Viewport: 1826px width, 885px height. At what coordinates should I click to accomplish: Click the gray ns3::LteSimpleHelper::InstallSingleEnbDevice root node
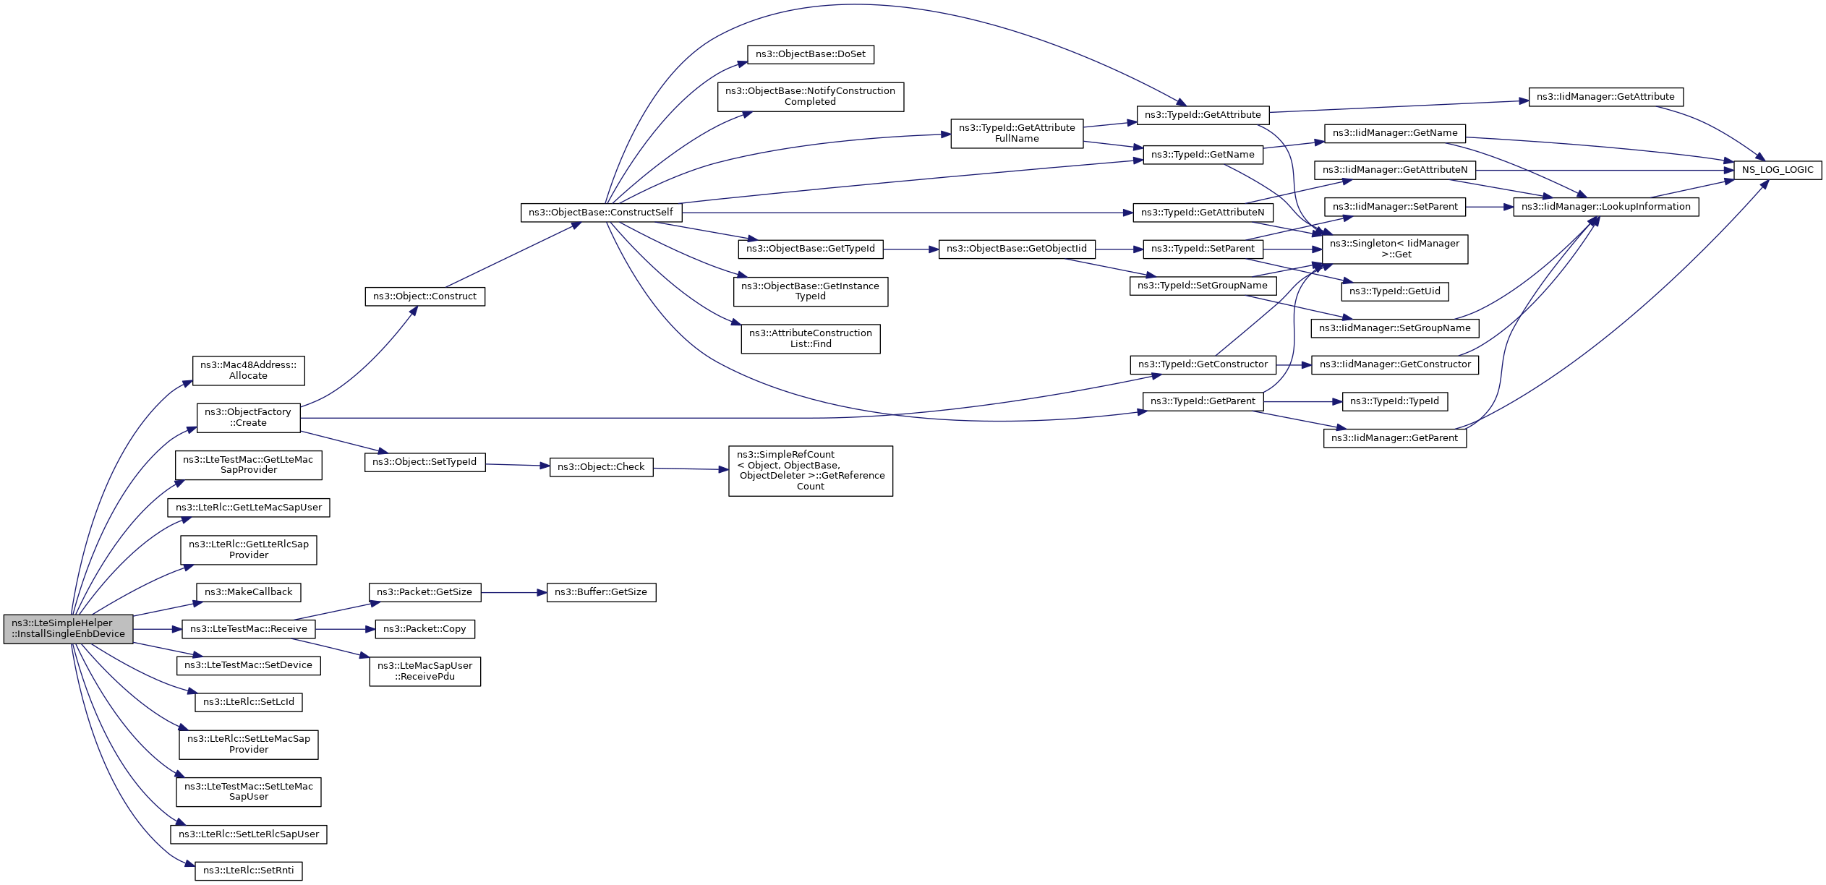pyautogui.click(x=68, y=628)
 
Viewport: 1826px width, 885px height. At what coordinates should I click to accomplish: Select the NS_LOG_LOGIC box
pyautogui.click(x=1777, y=170)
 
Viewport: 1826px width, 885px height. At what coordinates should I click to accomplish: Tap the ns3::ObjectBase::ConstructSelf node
pyautogui.click(x=600, y=213)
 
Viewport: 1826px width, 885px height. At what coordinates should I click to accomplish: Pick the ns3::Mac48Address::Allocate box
pyautogui.click(x=248, y=370)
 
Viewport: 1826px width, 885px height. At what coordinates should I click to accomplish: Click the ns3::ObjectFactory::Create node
pyautogui.click(x=248, y=418)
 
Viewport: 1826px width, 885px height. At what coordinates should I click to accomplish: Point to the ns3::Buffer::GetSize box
pyautogui.click(x=600, y=592)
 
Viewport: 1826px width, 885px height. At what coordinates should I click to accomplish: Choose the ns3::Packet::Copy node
pyautogui.click(x=424, y=629)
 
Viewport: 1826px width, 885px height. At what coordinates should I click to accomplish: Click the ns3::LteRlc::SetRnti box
pyautogui.click(x=248, y=871)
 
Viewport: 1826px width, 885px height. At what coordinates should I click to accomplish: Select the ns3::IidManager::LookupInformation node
pyautogui.click(x=1605, y=207)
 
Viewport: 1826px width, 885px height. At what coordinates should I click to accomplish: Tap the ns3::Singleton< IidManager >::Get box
pyautogui.click(x=1394, y=249)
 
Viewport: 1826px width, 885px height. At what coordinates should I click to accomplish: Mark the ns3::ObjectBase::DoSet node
pyautogui.click(x=810, y=54)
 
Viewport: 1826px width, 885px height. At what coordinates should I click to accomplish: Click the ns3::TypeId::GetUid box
pyautogui.click(x=1394, y=291)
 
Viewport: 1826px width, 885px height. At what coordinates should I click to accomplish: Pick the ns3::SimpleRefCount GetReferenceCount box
pyautogui.click(x=810, y=471)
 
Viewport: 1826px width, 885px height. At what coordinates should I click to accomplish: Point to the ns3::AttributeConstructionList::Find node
pyautogui.click(x=810, y=338)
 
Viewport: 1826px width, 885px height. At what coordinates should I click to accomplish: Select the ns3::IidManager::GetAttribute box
pyautogui.click(x=1605, y=97)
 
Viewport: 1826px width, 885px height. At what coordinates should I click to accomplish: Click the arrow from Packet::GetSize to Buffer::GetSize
pyautogui.click(x=513, y=593)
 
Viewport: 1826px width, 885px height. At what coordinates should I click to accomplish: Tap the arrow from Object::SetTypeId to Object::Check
pyautogui.click(x=517, y=465)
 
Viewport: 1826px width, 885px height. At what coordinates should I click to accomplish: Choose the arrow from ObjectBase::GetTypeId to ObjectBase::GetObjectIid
pyautogui.click(x=910, y=249)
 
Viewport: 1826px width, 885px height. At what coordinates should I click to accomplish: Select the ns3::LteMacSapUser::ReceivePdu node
pyautogui.click(x=424, y=671)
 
